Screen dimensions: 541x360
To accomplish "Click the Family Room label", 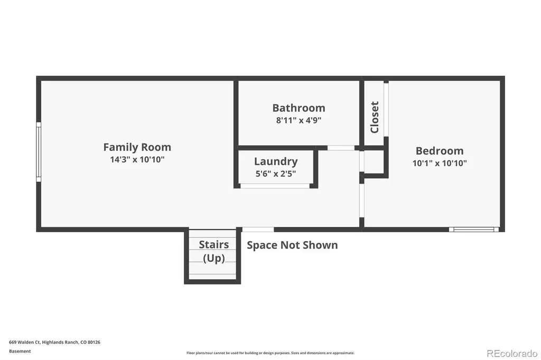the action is point(137,147).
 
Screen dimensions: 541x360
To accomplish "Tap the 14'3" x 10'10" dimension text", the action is point(137,159).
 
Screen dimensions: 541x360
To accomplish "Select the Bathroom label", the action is point(299,108).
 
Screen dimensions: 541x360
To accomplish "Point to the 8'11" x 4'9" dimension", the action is point(299,120).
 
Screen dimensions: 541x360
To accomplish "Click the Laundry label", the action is point(276,162).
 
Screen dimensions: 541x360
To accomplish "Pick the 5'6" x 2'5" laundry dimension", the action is point(276,174).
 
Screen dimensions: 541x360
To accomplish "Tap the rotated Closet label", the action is point(375,117).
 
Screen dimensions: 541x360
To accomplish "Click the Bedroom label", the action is point(440,150).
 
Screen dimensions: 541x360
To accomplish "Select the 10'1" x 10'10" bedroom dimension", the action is point(440,163).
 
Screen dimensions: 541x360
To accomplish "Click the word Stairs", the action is point(214,244).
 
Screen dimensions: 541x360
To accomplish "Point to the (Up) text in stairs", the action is point(214,258).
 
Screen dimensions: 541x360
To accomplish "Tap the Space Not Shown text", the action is point(292,245).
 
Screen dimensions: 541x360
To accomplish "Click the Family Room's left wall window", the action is point(39,151).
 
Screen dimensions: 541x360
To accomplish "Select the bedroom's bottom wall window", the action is point(474,229).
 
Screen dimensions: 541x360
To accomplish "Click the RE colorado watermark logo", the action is point(512,354).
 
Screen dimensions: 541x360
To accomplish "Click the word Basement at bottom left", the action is point(20,352).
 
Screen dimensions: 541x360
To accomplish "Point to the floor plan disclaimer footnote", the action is point(270,353).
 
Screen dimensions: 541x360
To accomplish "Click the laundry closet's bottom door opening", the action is point(275,186).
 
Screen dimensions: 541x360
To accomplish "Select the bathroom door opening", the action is point(341,148).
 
